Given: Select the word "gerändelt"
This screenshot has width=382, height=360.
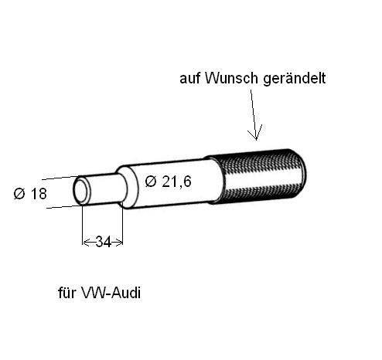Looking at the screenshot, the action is pyautogui.click(x=295, y=79).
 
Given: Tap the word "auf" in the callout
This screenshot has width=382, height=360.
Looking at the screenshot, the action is pyautogui.click(x=190, y=78).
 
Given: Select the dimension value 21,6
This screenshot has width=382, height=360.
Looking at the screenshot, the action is pyautogui.click(x=176, y=182).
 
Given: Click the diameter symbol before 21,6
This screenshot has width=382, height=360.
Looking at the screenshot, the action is pyautogui.click(x=151, y=182).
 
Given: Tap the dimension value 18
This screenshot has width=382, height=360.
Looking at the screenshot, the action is pyautogui.click(x=39, y=194).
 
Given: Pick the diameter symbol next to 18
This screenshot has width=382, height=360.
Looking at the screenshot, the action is pyautogui.click(x=19, y=194).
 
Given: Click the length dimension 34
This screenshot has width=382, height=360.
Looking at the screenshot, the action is pyautogui.click(x=104, y=242).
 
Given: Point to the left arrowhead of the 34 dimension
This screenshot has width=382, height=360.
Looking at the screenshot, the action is pyautogui.click(x=86, y=242).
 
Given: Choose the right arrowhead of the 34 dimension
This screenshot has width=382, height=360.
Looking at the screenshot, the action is pyautogui.click(x=119, y=242).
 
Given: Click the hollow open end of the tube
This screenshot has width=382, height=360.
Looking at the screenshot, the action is pyautogui.click(x=81, y=191).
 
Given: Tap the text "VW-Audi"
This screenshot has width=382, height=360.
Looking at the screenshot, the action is pyautogui.click(x=111, y=293).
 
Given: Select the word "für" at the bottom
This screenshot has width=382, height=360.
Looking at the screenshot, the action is pyautogui.click(x=67, y=293).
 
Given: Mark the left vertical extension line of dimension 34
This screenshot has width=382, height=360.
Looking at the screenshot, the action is pyautogui.click(x=82, y=225).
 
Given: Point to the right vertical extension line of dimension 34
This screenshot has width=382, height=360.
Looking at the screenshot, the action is pyautogui.click(x=123, y=225).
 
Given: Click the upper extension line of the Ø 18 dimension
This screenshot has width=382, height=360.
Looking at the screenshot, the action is pyautogui.click(x=60, y=178).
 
